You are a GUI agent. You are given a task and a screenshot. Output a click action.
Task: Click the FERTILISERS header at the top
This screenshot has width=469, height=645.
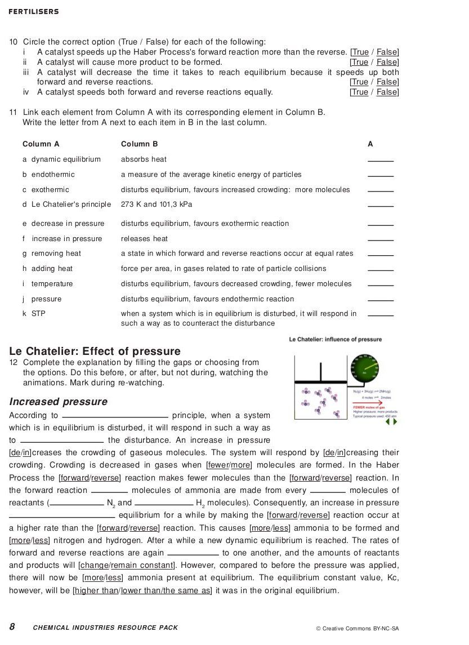click(x=34, y=12)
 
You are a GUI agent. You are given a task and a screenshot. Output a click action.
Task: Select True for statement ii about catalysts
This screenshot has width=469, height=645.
click(x=359, y=63)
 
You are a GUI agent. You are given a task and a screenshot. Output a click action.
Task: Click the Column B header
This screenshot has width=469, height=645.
click(x=139, y=144)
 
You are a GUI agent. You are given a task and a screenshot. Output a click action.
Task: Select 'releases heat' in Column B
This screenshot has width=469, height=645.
click(x=144, y=239)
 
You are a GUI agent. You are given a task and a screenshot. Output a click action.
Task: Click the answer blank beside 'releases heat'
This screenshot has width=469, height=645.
click(x=381, y=239)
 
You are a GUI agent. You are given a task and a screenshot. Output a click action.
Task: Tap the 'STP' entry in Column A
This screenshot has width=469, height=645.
click(x=38, y=314)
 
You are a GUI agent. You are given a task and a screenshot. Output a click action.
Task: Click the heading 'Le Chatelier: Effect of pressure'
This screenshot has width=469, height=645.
click(x=95, y=352)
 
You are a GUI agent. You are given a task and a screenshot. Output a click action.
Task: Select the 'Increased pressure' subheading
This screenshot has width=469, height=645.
click(x=58, y=402)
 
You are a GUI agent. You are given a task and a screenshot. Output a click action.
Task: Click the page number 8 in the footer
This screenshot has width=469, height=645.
click(x=12, y=627)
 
